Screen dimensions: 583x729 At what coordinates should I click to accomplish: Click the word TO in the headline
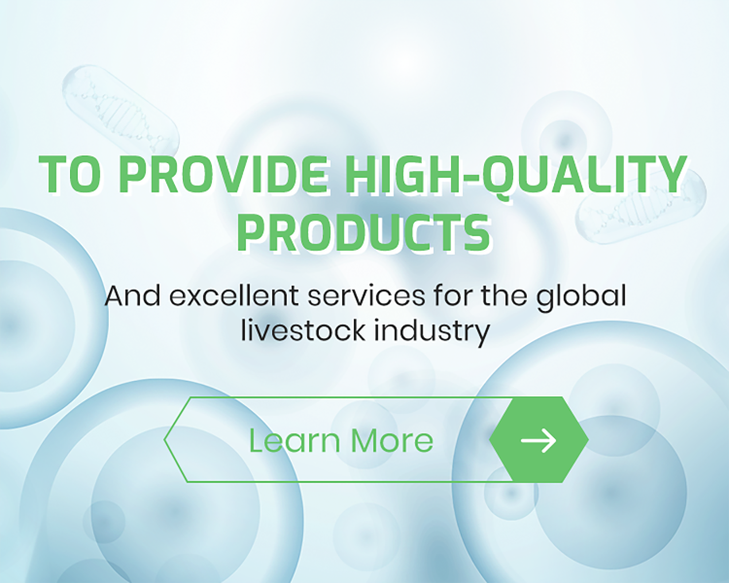(71, 175)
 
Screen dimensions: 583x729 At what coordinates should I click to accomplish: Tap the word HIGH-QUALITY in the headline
(504, 175)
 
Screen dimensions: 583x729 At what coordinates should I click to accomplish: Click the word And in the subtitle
(132, 295)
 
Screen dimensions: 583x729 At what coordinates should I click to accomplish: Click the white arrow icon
(538, 440)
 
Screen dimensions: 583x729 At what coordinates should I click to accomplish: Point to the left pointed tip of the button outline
(166, 440)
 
